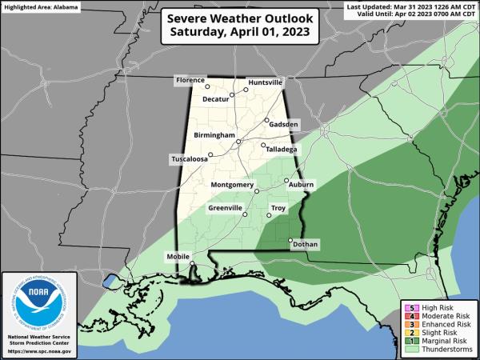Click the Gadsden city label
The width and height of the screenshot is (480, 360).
(x=284, y=125)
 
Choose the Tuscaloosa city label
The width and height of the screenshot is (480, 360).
(x=189, y=158)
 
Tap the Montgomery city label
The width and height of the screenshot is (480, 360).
(x=232, y=186)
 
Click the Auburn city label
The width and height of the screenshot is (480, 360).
(x=302, y=185)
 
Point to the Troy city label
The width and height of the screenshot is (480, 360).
(x=278, y=208)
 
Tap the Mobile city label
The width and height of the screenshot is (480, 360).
(x=178, y=256)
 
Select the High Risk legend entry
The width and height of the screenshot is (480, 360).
(x=442, y=308)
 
